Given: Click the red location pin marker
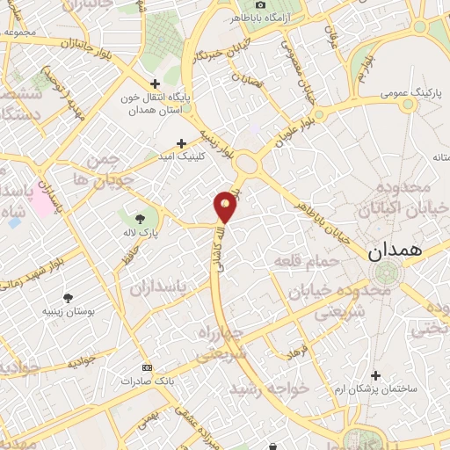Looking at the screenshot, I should pyautogui.click(x=226, y=207).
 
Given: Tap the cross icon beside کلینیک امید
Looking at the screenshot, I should pyautogui.click(x=182, y=142).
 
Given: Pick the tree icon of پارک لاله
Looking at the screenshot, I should pyautogui.click(x=140, y=218).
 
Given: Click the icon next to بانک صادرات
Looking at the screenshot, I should pyautogui.click(x=146, y=367).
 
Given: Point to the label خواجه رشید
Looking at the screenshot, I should pyautogui.click(x=267, y=388).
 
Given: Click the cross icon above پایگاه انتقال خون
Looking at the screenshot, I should pyautogui.click(x=156, y=83).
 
